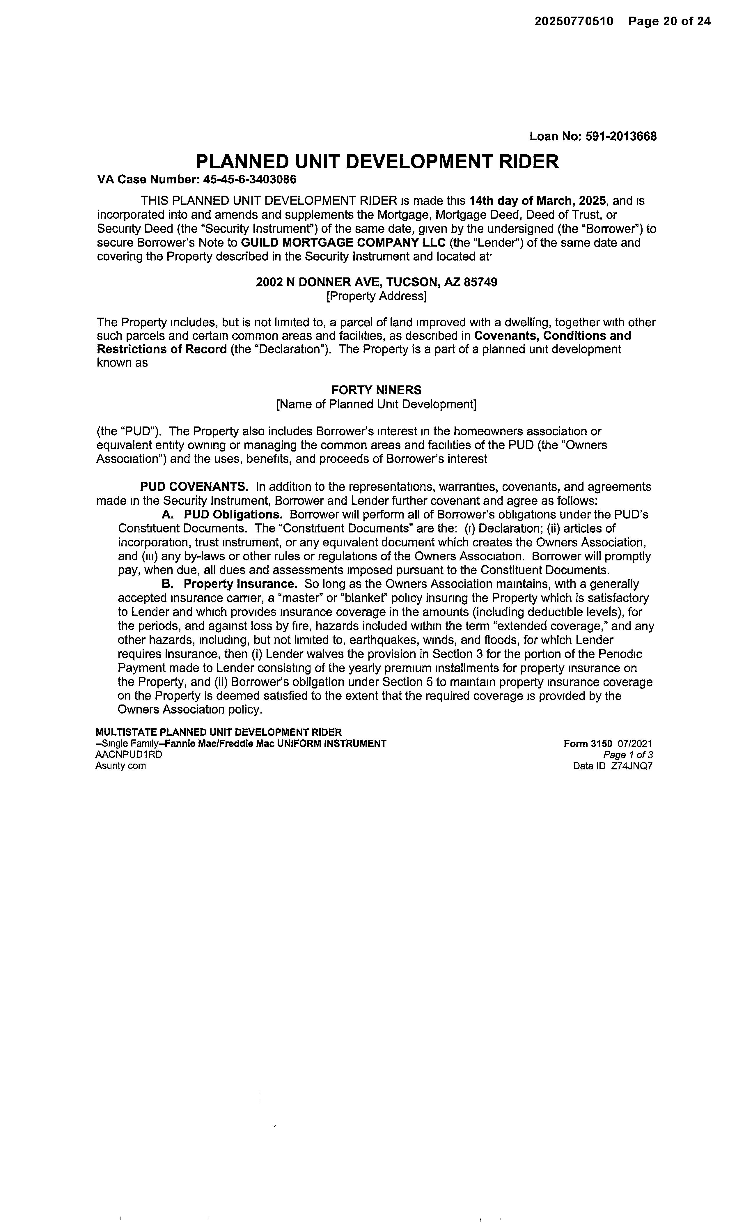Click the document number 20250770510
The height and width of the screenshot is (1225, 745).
click(x=574, y=21)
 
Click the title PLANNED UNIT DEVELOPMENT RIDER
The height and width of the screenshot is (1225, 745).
click(x=377, y=162)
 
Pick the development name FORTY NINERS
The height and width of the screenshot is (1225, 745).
click(x=376, y=390)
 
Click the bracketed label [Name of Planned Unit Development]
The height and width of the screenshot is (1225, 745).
click(x=376, y=404)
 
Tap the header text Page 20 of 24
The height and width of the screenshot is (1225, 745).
click(x=669, y=21)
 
